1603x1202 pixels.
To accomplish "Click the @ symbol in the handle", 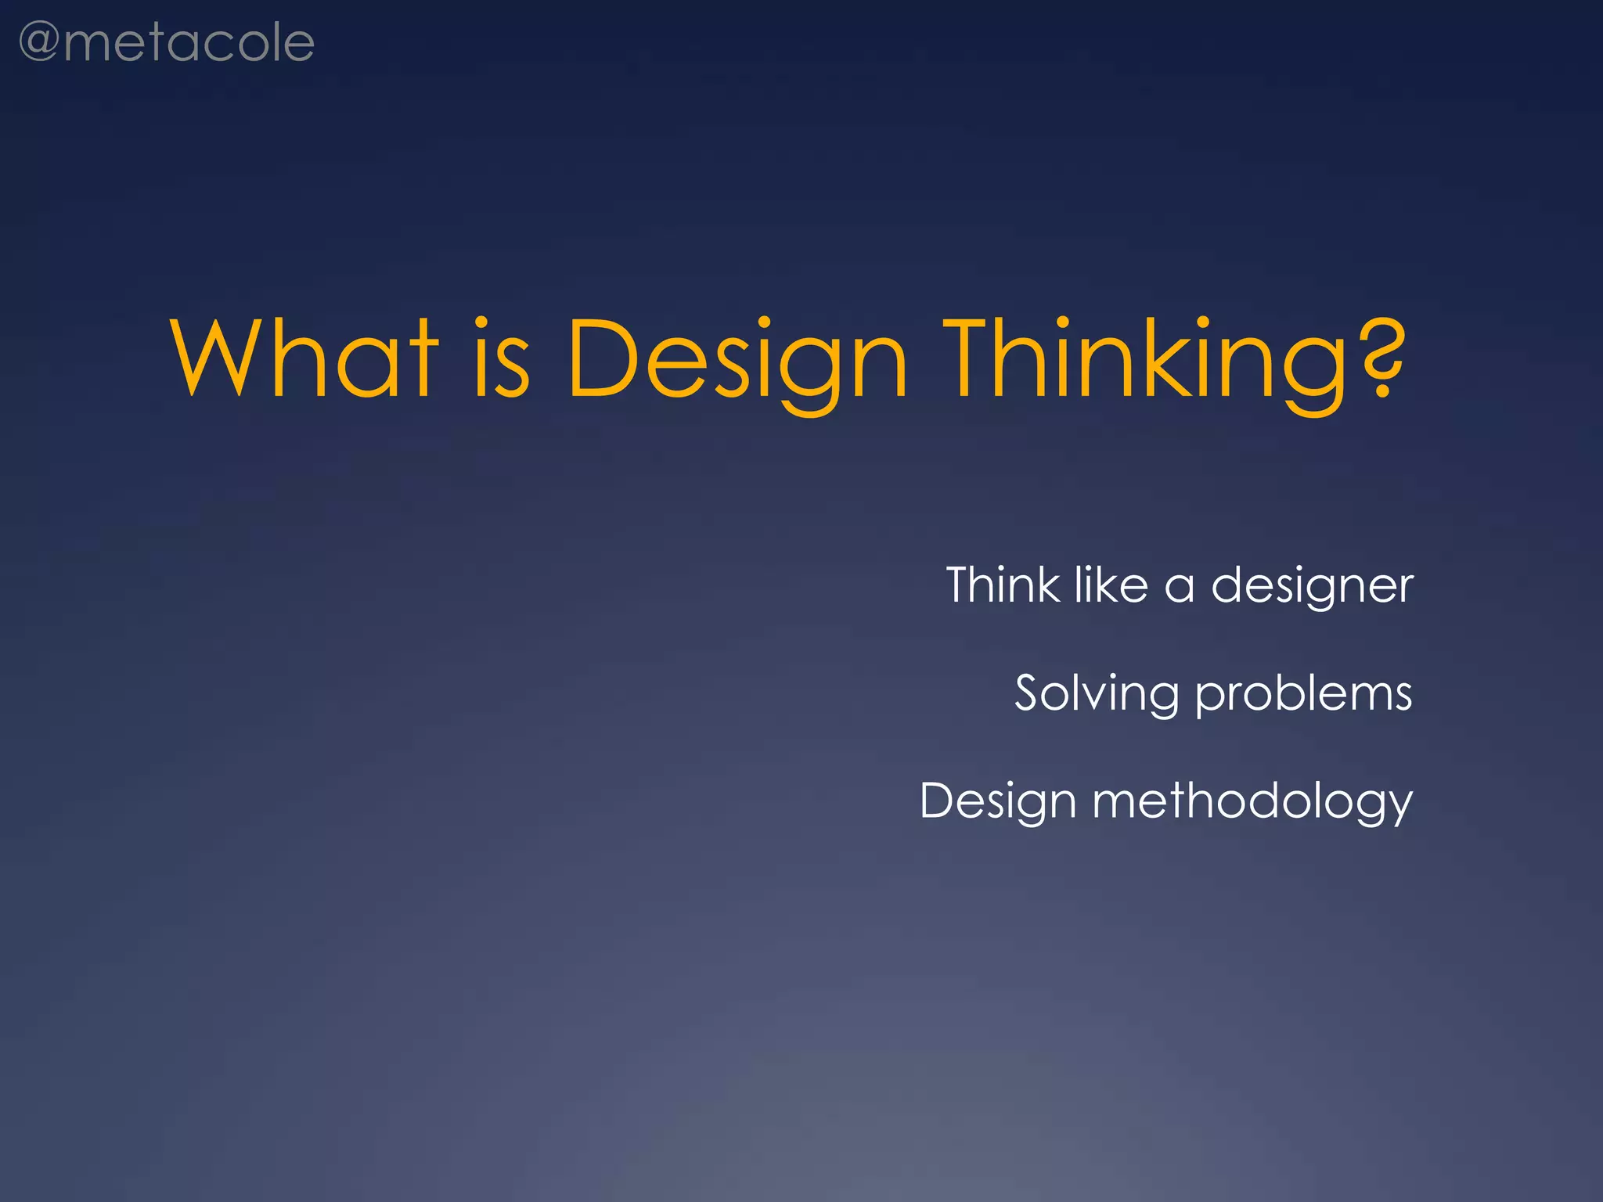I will (x=38, y=43).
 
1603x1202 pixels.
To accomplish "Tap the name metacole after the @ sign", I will (x=189, y=43).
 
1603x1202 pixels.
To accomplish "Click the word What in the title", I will (x=304, y=360).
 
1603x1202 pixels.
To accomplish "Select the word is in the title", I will (x=502, y=360).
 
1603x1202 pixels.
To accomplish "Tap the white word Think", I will (x=1003, y=585).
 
